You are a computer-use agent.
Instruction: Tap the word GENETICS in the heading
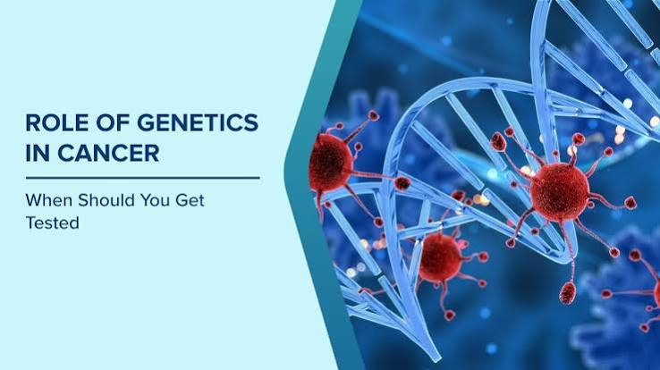(x=198, y=122)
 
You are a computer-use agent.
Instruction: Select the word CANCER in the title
(x=108, y=153)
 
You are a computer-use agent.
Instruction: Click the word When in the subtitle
(x=49, y=200)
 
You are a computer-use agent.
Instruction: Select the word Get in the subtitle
(x=190, y=200)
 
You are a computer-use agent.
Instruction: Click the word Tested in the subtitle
(x=53, y=223)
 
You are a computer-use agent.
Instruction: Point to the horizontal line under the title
(x=143, y=178)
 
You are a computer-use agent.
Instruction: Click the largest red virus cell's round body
(x=560, y=192)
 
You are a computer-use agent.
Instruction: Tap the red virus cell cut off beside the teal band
(x=331, y=163)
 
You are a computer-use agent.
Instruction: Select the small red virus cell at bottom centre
(x=440, y=257)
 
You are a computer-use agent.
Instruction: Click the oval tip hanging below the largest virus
(x=567, y=292)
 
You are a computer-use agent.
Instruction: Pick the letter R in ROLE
(x=33, y=122)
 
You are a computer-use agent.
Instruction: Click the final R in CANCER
(x=152, y=153)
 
